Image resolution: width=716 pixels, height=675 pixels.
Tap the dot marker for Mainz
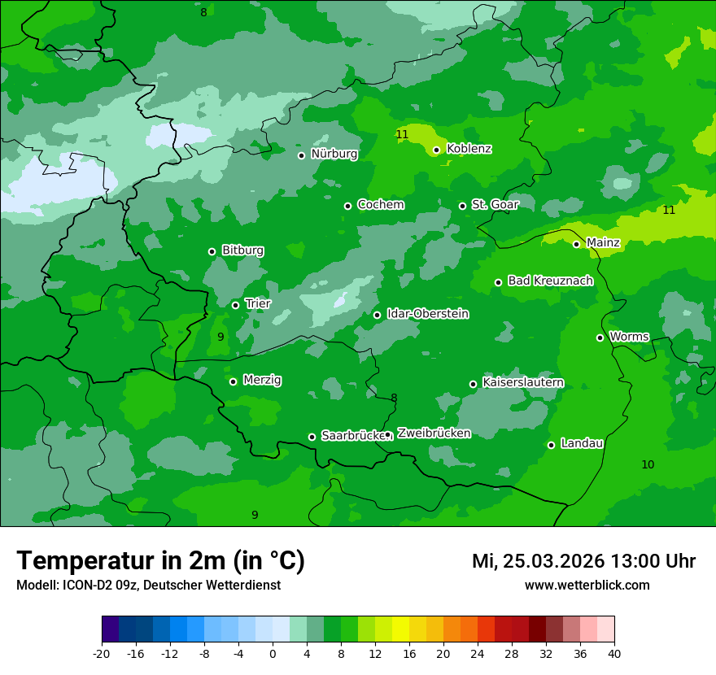[576, 244]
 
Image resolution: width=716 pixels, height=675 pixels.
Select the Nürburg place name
[334, 154]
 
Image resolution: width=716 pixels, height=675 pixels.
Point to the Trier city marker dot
[235, 305]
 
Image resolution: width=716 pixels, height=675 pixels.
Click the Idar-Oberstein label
[427, 314]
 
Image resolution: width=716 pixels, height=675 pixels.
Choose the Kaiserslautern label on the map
[522, 383]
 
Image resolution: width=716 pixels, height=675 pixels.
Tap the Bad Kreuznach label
[550, 281]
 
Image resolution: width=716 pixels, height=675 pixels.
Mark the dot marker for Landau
[551, 445]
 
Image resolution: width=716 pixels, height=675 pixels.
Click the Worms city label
[629, 337]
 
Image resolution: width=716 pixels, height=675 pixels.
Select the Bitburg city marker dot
[212, 251]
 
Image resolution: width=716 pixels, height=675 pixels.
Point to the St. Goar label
[495, 205]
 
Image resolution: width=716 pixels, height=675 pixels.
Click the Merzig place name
[262, 380]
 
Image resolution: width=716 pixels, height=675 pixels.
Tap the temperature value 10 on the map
[648, 465]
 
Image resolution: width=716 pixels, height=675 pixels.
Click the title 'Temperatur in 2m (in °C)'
[160, 561]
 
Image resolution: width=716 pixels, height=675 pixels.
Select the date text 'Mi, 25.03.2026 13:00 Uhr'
[583, 561]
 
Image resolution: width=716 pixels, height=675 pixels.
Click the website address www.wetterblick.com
[587, 586]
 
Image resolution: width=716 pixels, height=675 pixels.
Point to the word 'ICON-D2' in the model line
[81, 586]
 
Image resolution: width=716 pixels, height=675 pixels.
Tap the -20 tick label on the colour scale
[102, 654]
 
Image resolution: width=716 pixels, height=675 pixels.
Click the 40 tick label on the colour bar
[614, 654]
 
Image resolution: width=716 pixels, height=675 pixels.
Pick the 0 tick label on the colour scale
[273, 654]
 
